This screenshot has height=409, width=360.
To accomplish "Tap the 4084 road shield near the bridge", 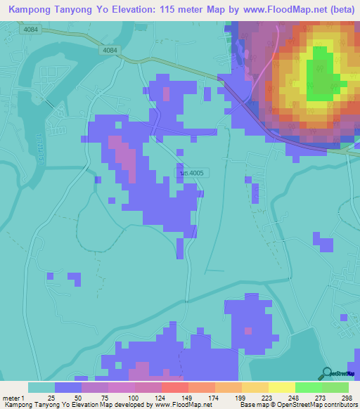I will click(110, 51).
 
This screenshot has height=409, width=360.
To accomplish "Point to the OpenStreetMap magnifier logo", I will click(327, 373).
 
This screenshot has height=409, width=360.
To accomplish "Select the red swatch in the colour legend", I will click(174, 387).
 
